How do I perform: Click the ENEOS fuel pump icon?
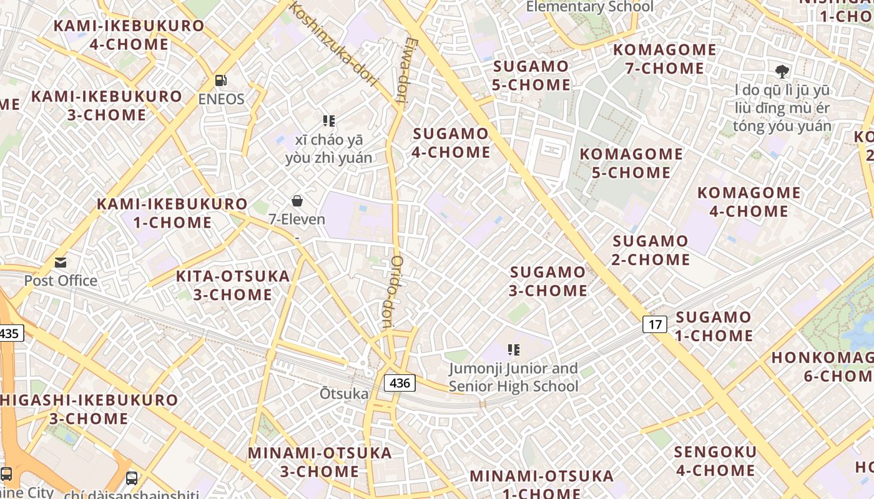(220, 80)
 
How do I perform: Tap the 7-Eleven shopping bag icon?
(297, 201)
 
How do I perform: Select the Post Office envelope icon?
(61, 263)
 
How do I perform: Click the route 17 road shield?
(654, 324)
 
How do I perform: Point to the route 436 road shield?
(399, 382)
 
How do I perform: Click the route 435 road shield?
(9, 333)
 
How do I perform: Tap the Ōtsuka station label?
(344, 394)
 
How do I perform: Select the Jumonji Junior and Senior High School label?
(513, 377)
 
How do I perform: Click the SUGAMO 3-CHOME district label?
(548, 281)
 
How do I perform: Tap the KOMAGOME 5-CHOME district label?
(631, 163)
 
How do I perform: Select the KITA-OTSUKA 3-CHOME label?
(232, 285)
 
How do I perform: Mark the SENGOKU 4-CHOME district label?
(715, 460)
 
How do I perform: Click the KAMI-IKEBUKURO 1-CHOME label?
(172, 213)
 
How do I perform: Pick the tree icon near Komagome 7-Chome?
(782, 71)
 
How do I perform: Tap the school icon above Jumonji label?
(513, 350)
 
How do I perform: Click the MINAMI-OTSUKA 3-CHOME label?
(320, 462)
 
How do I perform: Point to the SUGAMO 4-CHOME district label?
(451, 142)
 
